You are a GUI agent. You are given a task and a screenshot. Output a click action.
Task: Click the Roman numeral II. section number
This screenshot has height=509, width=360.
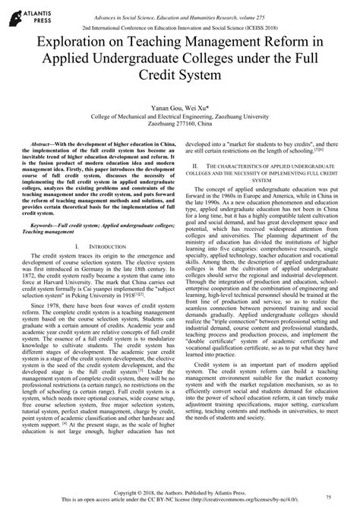[197, 186]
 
